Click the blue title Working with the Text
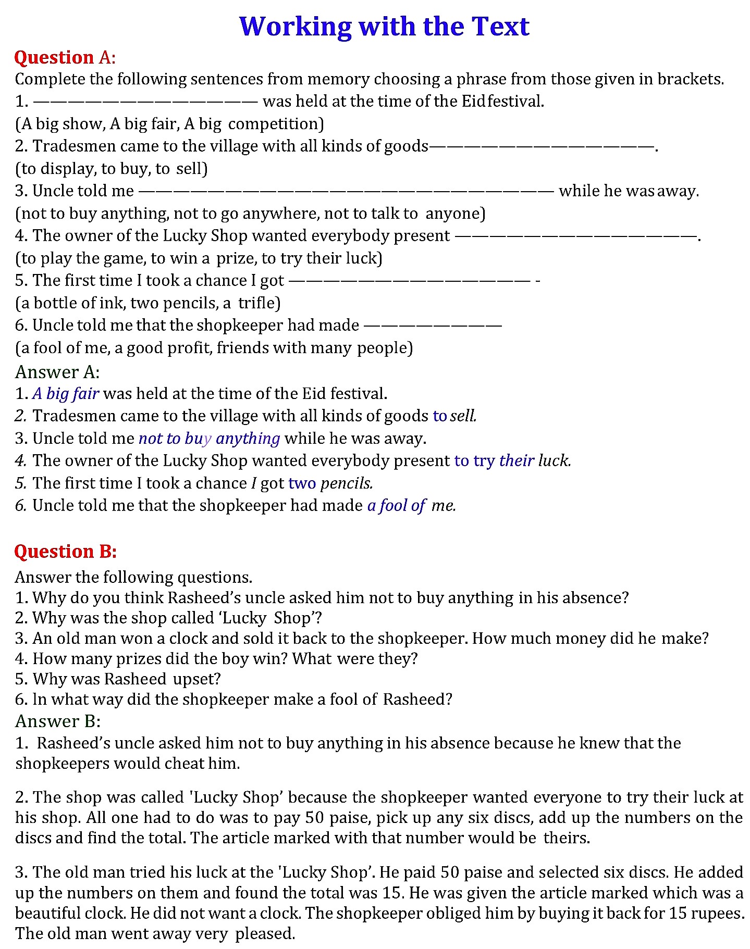(x=384, y=26)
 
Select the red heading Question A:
(x=65, y=57)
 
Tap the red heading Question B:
(x=65, y=551)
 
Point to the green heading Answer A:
(x=57, y=371)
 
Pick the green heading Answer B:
(x=57, y=721)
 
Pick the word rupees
(x=715, y=913)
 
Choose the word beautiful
(x=47, y=913)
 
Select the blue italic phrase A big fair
(x=66, y=394)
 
